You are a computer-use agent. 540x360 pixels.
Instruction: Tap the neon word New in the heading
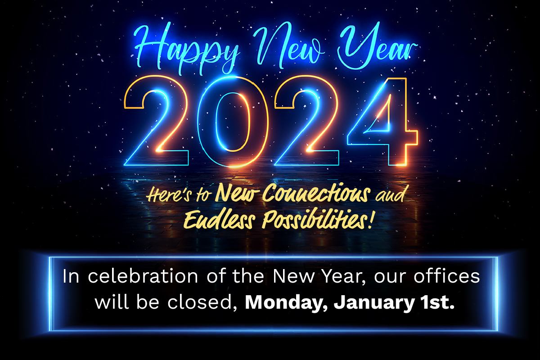click(x=288, y=45)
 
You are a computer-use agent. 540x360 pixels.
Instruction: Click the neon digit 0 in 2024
click(x=233, y=122)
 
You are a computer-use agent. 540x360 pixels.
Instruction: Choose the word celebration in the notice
click(x=143, y=276)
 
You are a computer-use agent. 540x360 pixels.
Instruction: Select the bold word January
click(x=374, y=303)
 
